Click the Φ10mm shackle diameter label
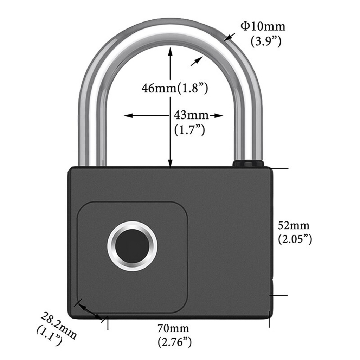(263, 26)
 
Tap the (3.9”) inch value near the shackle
(266, 41)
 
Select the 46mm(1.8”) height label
(175, 88)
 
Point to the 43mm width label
(191, 115)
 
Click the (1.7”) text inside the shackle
(189, 130)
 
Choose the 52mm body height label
(294, 225)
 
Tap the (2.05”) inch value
(295, 239)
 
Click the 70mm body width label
(173, 328)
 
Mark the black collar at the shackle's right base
(248, 163)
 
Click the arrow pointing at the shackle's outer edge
(229, 37)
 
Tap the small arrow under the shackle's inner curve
(197, 61)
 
